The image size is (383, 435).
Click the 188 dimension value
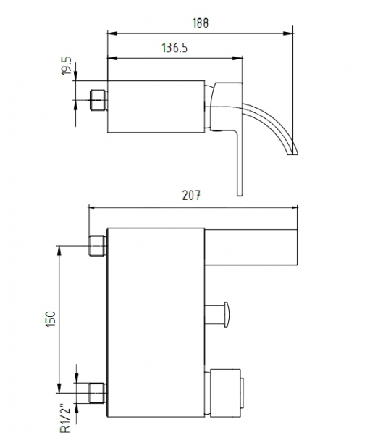click(x=200, y=22)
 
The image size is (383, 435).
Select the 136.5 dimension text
click(x=174, y=48)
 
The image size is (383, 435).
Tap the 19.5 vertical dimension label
click(x=66, y=66)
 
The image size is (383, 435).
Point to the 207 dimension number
click(x=191, y=196)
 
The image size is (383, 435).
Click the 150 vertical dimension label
click(x=51, y=319)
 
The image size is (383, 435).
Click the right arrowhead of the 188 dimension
click(x=288, y=33)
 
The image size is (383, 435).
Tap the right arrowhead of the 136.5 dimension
click(x=237, y=58)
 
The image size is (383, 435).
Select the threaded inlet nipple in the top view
click(x=98, y=100)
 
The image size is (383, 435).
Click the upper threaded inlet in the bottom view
click(x=98, y=246)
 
